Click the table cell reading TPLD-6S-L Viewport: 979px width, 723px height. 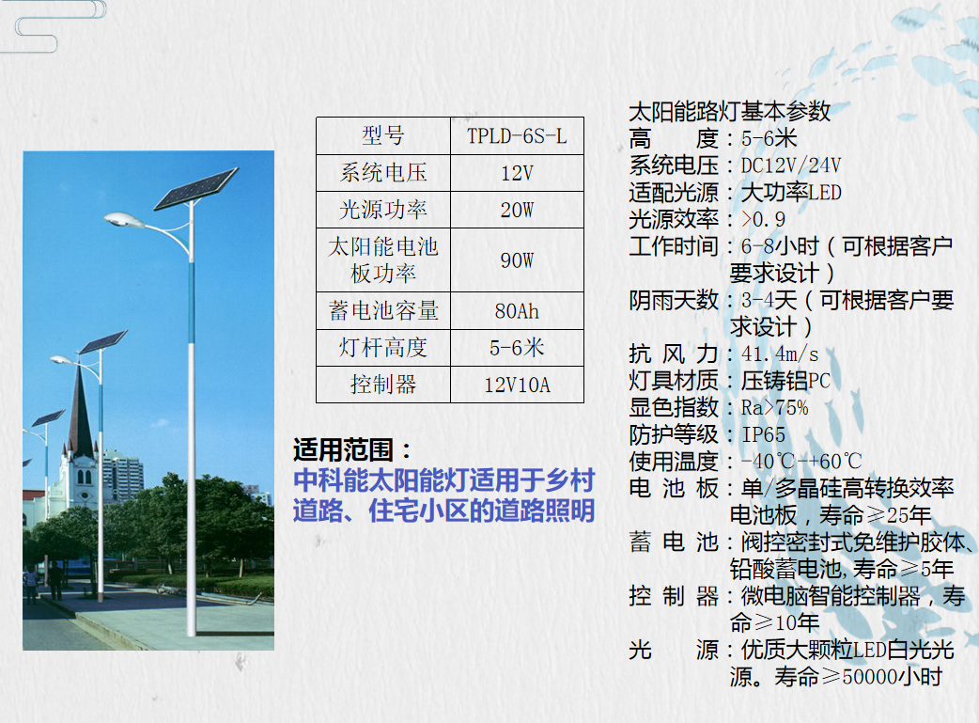517,135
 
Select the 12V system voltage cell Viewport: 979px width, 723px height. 517,172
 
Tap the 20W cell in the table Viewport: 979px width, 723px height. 517,210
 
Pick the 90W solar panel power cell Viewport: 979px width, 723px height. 517,259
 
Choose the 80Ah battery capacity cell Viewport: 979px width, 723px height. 517,310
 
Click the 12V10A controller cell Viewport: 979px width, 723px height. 517,385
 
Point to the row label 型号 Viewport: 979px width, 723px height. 383,135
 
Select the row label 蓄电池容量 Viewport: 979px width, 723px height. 383,310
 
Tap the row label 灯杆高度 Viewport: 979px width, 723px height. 383,348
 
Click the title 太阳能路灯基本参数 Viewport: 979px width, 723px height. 729,111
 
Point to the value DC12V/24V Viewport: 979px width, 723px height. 791,165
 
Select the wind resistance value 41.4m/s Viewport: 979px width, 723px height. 780,354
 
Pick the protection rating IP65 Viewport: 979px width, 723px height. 763,435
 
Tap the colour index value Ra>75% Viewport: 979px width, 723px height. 775,408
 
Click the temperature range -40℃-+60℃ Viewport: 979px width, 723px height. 801,462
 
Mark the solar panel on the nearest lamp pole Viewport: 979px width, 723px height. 196,188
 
